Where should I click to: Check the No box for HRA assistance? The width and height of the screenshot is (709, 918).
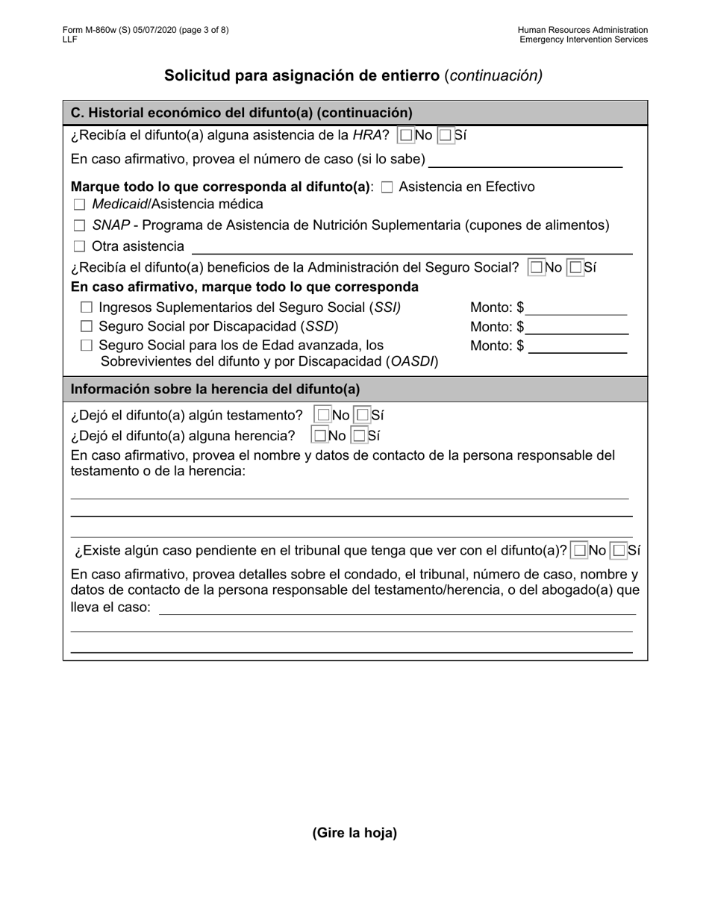(406, 136)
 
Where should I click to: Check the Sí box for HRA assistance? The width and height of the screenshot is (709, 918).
(446, 136)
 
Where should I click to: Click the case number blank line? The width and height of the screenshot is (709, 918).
(525, 160)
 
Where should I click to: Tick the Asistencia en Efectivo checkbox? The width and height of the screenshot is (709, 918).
(387, 187)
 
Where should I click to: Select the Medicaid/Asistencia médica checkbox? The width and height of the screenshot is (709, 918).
(79, 204)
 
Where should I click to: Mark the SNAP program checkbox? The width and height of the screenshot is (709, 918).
(79, 226)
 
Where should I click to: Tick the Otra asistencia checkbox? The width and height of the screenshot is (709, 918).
(79, 246)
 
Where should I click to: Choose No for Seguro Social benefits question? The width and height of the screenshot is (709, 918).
(536, 267)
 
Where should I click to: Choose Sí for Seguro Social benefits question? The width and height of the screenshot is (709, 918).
(575, 267)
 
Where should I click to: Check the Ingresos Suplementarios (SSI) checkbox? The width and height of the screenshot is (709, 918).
(87, 307)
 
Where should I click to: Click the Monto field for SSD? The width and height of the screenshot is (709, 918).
(576, 327)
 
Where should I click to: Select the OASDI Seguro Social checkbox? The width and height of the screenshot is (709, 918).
(87, 346)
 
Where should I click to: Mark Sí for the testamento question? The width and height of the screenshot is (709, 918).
(362, 415)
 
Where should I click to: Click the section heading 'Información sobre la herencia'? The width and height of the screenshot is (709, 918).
(215, 389)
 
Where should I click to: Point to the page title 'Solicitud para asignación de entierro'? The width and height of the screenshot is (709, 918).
(302, 75)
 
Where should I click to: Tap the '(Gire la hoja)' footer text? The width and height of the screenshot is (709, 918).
(354, 833)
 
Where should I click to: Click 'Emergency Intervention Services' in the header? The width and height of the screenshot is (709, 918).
(584, 40)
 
